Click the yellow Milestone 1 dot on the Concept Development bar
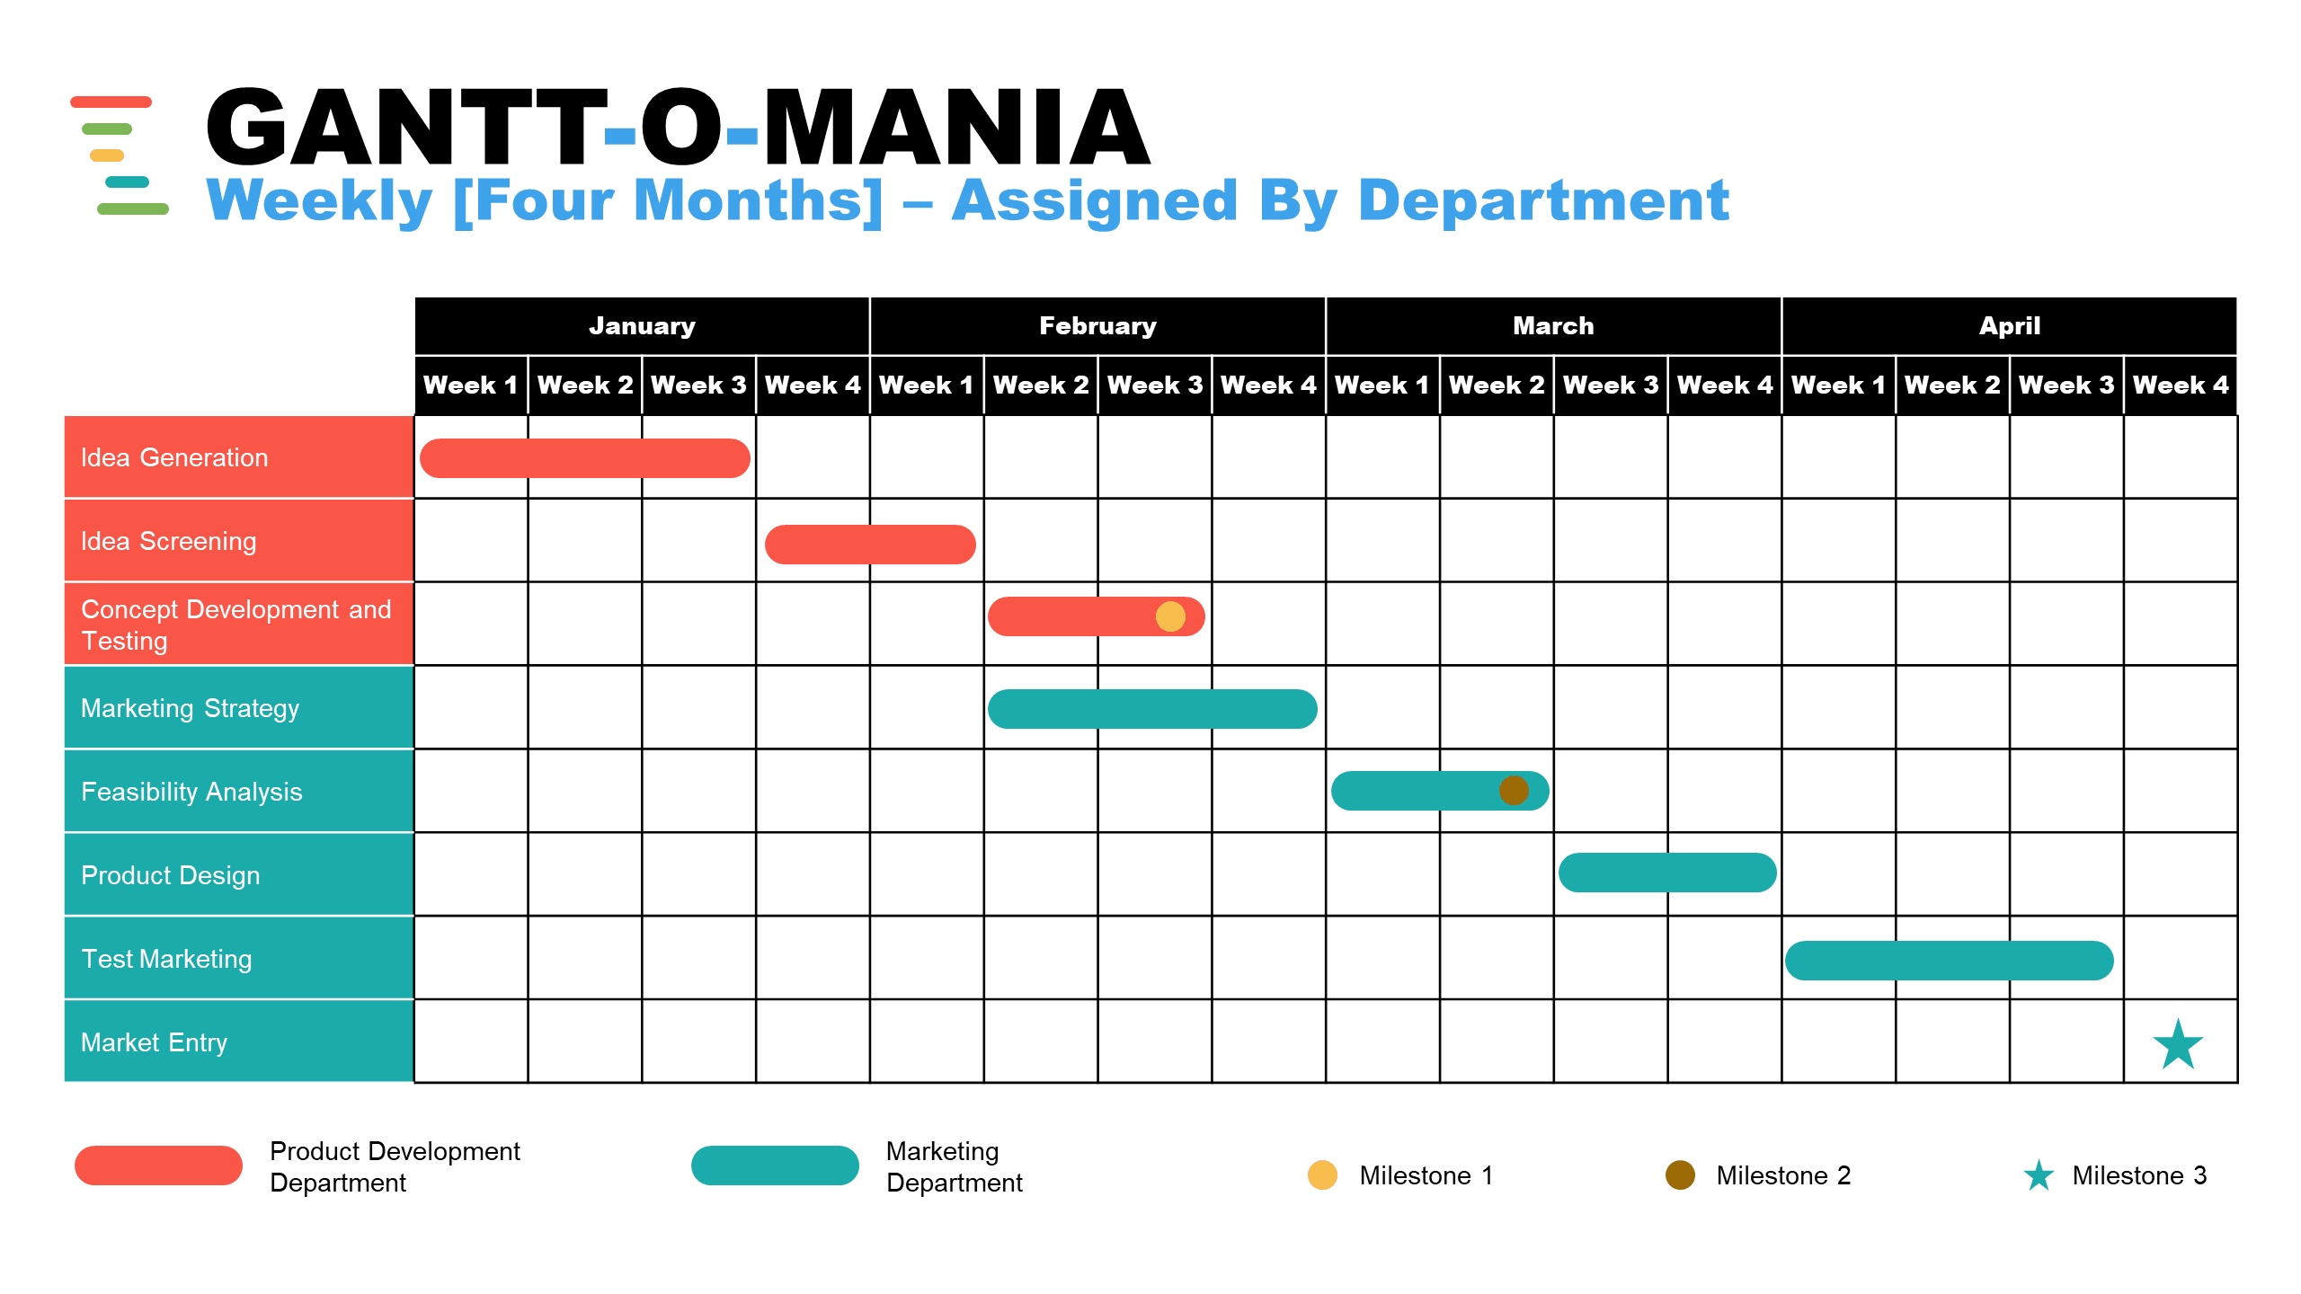pyautogui.click(x=1170, y=616)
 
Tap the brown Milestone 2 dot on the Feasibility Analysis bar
pyautogui.click(x=1514, y=791)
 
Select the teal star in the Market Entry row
pyautogui.click(x=2178, y=1044)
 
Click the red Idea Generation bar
pyautogui.click(x=584, y=458)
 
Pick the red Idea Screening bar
pyautogui.click(x=869, y=545)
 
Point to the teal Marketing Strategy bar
pyautogui.click(x=1152, y=709)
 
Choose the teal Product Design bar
pyautogui.click(x=1667, y=873)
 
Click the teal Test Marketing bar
pyautogui.click(x=1949, y=961)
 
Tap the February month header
pyautogui.click(x=1097, y=326)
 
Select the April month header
pyautogui.click(x=2009, y=326)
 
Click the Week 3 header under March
pyautogui.click(x=1610, y=386)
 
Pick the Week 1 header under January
pyautogui.click(x=470, y=386)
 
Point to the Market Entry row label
pyautogui.click(x=154, y=1042)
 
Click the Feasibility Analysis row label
pyautogui.click(x=191, y=792)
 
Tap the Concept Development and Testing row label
pyautogui.click(x=235, y=625)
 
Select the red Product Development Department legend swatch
pyautogui.click(x=158, y=1165)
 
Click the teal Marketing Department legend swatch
pyautogui.click(x=775, y=1165)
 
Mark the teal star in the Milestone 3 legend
pyautogui.click(x=2039, y=1175)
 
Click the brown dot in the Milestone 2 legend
pyautogui.click(x=1680, y=1175)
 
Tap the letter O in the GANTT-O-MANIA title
pyautogui.click(x=680, y=128)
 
